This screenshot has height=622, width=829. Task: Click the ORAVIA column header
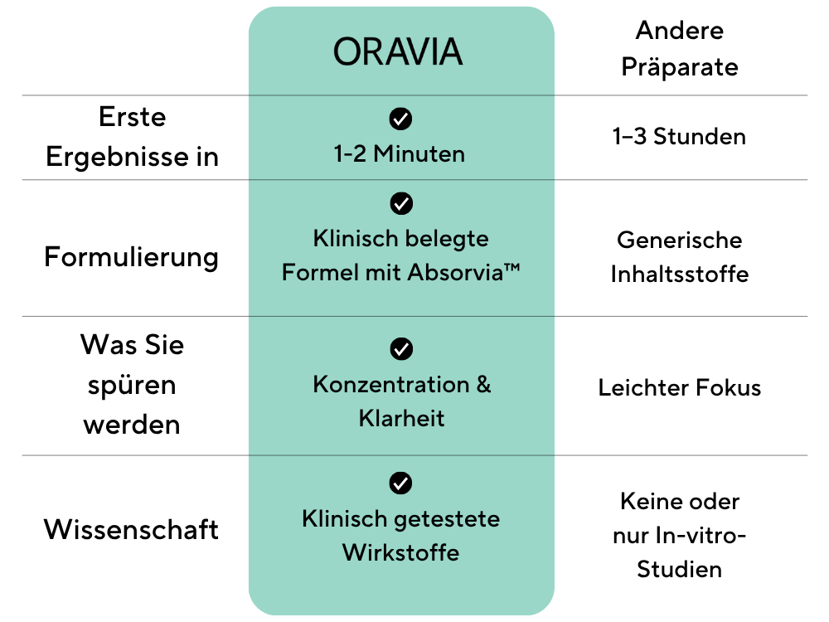pyautogui.click(x=398, y=51)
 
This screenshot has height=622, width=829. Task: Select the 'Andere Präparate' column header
pyautogui.click(x=680, y=49)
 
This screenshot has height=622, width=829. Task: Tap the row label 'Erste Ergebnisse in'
pyautogui.click(x=132, y=137)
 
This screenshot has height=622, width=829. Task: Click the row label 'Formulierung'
pyautogui.click(x=131, y=257)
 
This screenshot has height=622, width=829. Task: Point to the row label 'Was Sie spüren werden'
pyautogui.click(x=132, y=385)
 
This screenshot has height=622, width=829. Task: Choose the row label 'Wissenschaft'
pyautogui.click(x=131, y=529)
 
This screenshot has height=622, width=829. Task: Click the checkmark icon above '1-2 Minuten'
pyautogui.click(x=400, y=119)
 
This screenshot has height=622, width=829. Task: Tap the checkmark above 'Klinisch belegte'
pyautogui.click(x=401, y=203)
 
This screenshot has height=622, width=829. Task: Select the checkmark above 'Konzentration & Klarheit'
pyautogui.click(x=401, y=348)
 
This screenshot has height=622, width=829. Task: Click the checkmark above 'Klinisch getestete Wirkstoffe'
pyautogui.click(x=400, y=483)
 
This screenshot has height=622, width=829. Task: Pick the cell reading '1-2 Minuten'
pyautogui.click(x=400, y=154)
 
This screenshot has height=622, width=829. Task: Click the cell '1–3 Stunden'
pyautogui.click(x=679, y=137)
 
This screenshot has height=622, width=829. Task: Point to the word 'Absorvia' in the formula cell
pyautogui.click(x=454, y=272)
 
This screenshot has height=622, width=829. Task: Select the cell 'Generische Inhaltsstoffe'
pyautogui.click(x=680, y=257)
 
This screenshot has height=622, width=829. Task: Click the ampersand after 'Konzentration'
pyautogui.click(x=483, y=385)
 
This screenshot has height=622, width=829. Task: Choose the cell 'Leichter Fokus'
pyautogui.click(x=680, y=387)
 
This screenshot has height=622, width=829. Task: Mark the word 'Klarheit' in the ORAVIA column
pyautogui.click(x=401, y=418)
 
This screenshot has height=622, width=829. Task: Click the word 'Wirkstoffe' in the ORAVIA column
pyautogui.click(x=400, y=552)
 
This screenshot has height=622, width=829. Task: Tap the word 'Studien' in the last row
pyautogui.click(x=680, y=570)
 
